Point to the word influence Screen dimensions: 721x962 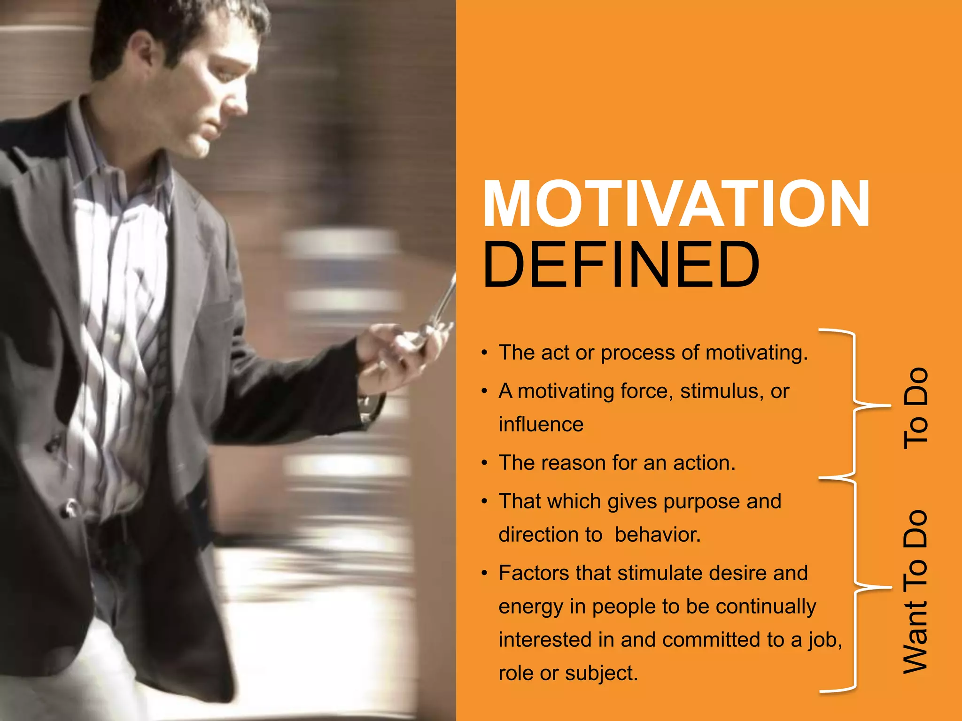coord(541,425)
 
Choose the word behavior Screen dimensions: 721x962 coord(658,535)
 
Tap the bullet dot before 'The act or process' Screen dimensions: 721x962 coord(484,353)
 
